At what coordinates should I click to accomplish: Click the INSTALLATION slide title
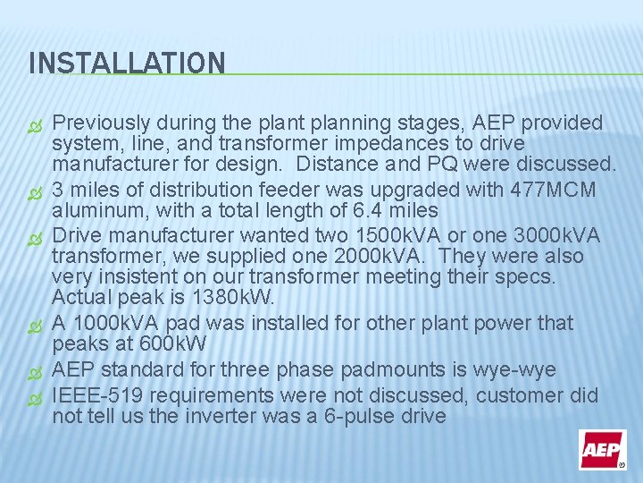point(127,64)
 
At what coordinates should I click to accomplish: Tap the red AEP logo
point(602,449)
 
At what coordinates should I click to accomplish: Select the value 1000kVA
point(116,322)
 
